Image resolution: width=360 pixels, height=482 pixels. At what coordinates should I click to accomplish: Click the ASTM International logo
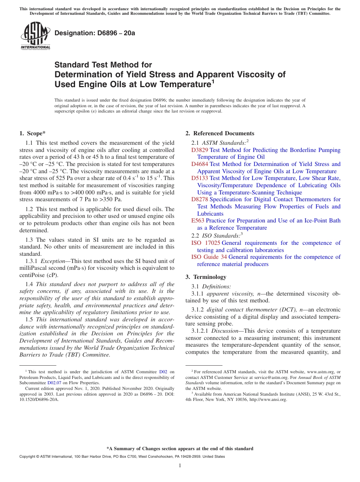pyautogui.click(x=35, y=36)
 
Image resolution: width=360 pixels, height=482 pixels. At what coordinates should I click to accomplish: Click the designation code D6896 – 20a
pyautogui.click(x=95, y=33)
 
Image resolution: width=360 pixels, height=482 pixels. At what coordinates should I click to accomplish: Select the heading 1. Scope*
pyautogui.click(x=33, y=133)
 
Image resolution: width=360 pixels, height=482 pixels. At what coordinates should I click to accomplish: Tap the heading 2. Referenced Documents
pyautogui.click(x=220, y=133)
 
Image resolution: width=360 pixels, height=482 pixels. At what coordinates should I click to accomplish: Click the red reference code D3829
pyautogui.click(x=200, y=150)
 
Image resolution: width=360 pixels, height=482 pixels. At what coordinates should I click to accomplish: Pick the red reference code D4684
pyautogui.click(x=200, y=164)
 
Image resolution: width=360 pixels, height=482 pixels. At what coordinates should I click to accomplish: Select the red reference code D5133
pyautogui.click(x=200, y=178)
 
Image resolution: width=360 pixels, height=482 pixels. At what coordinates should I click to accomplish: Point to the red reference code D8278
pyautogui.click(x=200, y=199)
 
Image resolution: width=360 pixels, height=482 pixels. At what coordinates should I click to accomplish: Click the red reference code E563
pyautogui.click(x=198, y=221)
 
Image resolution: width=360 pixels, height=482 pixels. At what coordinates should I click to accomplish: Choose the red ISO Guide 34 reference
pyautogui.click(x=209, y=257)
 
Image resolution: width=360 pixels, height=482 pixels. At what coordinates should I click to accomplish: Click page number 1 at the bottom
pyautogui.click(x=180, y=465)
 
